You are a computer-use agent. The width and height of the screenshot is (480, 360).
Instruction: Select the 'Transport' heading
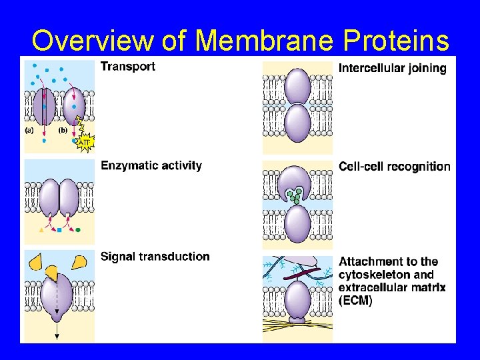point(128,66)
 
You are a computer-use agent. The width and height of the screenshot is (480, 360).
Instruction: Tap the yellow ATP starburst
point(85,142)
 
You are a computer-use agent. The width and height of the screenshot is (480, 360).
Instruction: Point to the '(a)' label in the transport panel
point(30,131)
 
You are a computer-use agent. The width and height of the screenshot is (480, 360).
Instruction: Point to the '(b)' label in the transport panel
point(63,131)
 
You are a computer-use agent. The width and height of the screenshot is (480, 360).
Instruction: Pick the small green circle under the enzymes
point(78,230)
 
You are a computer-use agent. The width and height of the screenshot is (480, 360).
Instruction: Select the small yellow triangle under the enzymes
point(41,230)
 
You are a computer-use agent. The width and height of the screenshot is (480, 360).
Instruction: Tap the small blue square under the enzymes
point(59,230)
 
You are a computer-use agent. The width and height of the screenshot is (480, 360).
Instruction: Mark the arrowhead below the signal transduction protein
point(57,337)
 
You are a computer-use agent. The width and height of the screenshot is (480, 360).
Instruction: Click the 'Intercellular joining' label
point(393,68)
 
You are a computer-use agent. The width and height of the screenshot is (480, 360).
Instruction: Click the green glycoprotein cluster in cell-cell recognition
point(294,195)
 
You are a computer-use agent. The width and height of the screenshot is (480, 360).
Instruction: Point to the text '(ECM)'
point(356,301)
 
